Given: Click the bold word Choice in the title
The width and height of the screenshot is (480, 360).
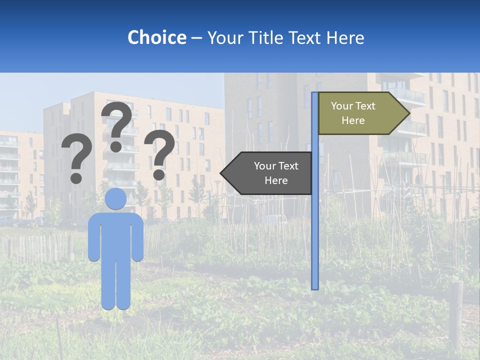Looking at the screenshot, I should pyautogui.click(x=156, y=37).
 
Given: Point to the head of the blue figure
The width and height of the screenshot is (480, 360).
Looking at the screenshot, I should pyautogui.click(x=116, y=199).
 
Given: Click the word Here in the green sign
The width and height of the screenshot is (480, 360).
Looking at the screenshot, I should pyautogui.click(x=353, y=120).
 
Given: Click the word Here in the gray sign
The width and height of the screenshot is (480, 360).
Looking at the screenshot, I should pyautogui.click(x=276, y=180).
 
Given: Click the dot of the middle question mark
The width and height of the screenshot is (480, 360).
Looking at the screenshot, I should pyautogui.click(x=116, y=146).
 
